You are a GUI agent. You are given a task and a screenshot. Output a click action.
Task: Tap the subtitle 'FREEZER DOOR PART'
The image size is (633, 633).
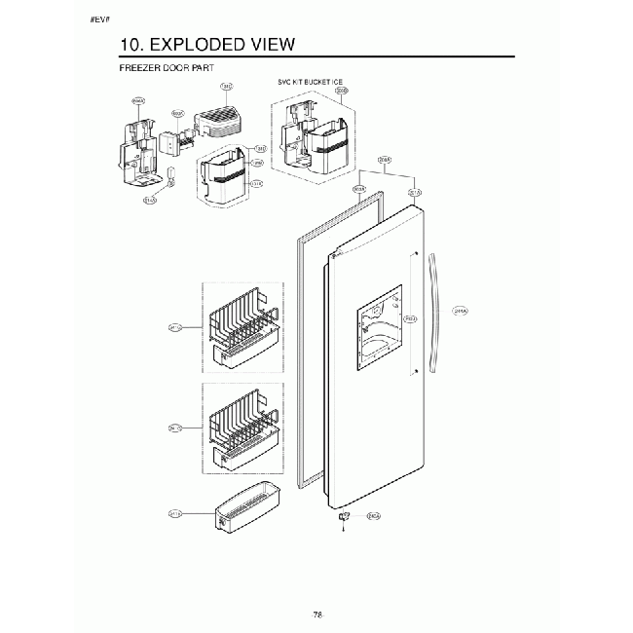[x=165, y=69]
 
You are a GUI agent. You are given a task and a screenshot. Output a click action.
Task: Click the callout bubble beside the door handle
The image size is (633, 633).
[x=462, y=312]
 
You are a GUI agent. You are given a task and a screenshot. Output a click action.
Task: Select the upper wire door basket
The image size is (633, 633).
[x=241, y=332]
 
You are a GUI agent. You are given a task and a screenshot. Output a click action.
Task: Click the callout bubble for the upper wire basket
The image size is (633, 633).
[x=175, y=328]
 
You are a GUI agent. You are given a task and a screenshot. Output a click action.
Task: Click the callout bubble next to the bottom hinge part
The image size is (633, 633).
[x=372, y=516]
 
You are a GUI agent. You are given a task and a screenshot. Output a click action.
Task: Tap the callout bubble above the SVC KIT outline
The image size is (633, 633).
[x=341, y=91]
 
